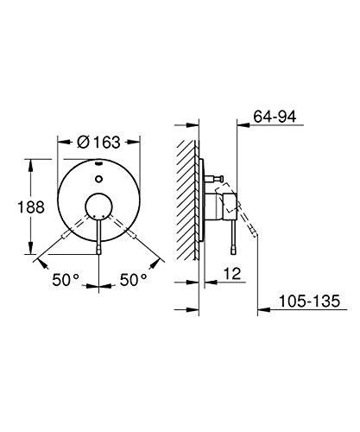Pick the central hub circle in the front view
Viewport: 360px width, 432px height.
[98, 206]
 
